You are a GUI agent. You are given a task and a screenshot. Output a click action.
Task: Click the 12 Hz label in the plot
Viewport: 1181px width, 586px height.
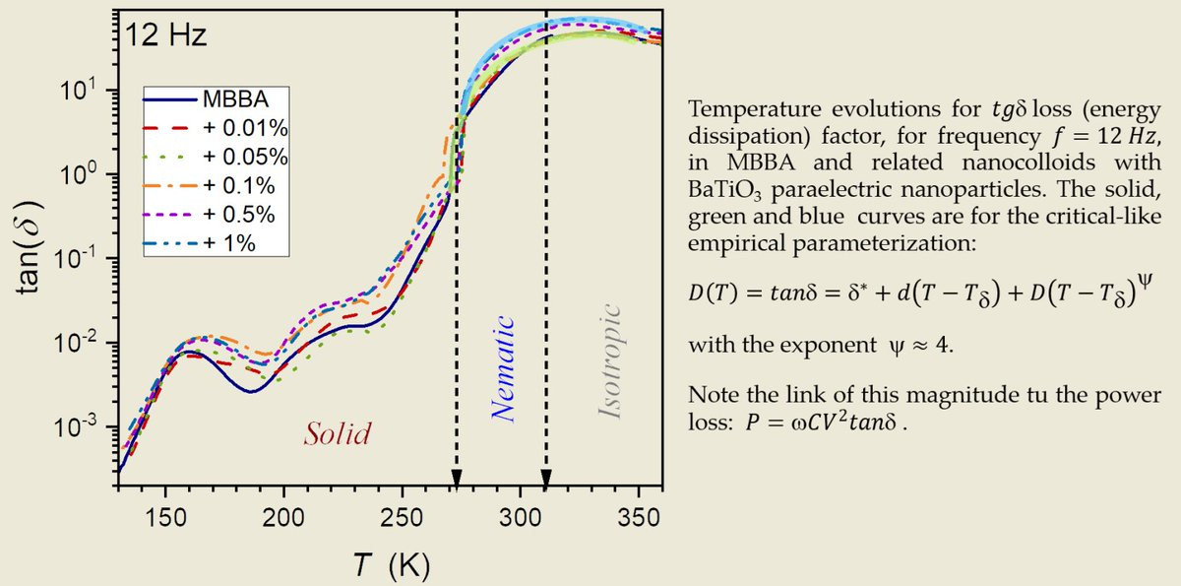tap(165, 38)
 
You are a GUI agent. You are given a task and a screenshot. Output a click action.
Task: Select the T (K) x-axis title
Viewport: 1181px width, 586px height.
tap(387, 566)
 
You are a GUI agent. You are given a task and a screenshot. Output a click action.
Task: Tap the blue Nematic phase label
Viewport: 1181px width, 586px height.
tap(504, 369)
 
